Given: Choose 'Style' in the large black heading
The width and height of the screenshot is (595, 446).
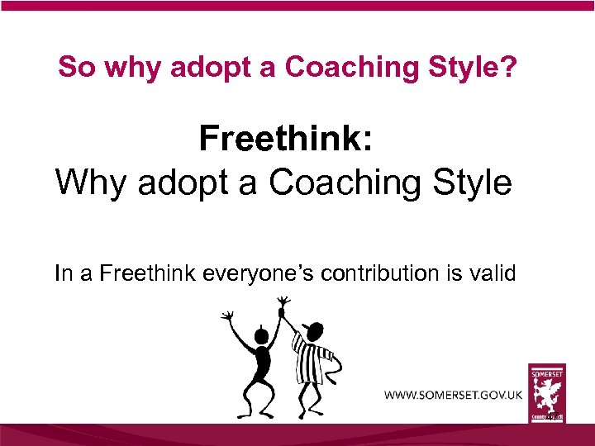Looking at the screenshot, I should click(x=470, y=182).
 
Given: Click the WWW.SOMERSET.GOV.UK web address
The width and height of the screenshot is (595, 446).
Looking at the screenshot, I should click(x=453, y=394).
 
